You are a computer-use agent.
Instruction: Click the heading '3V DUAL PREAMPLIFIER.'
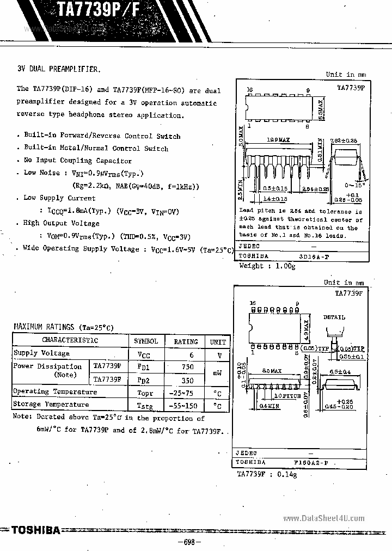[59, 69]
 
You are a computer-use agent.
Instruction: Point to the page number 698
[189, 542]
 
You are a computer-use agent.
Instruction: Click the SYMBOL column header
[146, 341]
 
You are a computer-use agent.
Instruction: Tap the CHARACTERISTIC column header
[70, 341]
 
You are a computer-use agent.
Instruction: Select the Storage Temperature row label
[51, 405]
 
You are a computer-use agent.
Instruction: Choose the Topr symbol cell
[146, 392]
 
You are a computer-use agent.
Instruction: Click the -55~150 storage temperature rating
[185, 405]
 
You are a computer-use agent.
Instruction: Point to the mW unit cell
[218, 374]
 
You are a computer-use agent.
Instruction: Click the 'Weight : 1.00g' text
[267, 266]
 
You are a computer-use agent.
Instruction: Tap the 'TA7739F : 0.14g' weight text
[267, 475]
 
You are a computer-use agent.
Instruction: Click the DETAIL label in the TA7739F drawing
[334, 317]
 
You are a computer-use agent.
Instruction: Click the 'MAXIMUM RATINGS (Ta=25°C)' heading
[63, 327]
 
